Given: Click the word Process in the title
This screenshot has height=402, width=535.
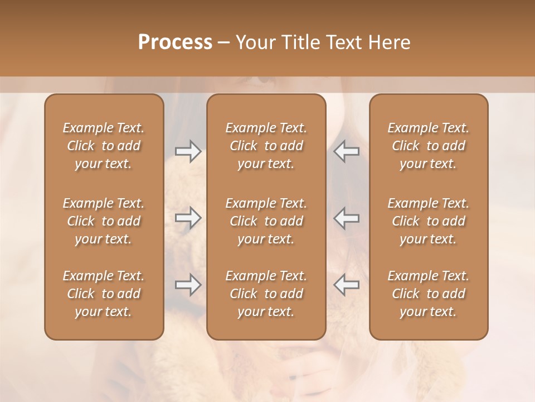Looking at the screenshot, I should pos(175,42).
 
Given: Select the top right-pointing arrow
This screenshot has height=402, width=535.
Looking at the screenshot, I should pos(188,151).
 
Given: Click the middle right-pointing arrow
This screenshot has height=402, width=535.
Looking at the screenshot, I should pos(188,218).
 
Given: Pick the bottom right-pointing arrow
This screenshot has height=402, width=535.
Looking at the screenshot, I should pos(188,285).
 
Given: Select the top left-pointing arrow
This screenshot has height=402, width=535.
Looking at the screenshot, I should pos(347,151).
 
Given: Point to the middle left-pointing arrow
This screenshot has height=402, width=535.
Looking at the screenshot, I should pos(347,218).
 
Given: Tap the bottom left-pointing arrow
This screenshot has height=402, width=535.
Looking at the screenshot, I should pos(347,285).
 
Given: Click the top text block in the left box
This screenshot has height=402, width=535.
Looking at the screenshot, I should pos(104,146).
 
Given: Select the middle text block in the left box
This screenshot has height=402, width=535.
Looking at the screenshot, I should pos(104,221).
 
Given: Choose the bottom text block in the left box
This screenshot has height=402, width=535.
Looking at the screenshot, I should pos(104,294).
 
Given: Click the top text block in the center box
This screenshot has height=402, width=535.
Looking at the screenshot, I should pos(266,146).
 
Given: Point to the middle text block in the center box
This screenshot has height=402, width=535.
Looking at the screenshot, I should pos(266,221).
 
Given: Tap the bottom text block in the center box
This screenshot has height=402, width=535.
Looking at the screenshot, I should pos(266,294).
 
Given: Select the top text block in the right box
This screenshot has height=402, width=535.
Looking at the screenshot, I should pos(429,146).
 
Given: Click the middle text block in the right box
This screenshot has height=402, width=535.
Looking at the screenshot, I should pos(429,221).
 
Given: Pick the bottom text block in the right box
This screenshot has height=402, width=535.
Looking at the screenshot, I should pos(429,294).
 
